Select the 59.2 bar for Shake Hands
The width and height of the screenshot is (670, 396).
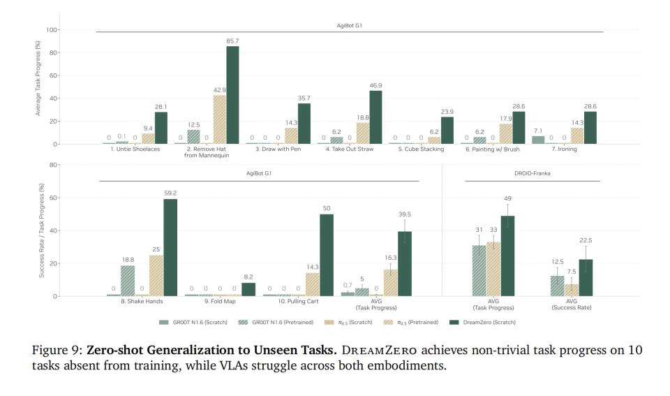point(170,247)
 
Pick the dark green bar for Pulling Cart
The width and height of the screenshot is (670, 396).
point(327,255)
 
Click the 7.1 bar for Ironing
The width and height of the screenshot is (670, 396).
point(538,140)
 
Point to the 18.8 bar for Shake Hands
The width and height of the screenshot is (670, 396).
point(128,281)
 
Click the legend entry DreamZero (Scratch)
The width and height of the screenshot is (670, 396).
point(488,322)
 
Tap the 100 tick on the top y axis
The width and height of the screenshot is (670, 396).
point(51,30)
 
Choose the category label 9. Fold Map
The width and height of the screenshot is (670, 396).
point(221,301)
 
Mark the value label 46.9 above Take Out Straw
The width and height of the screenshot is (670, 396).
point(375,85)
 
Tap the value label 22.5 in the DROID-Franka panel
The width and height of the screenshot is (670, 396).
point(586,240)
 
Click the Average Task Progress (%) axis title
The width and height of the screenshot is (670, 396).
point(38,87)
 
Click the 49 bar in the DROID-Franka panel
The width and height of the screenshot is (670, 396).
point(508,256)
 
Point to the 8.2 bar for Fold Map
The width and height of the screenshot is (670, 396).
point(248,289)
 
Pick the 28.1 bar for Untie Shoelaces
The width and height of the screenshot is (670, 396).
point(161,128)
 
